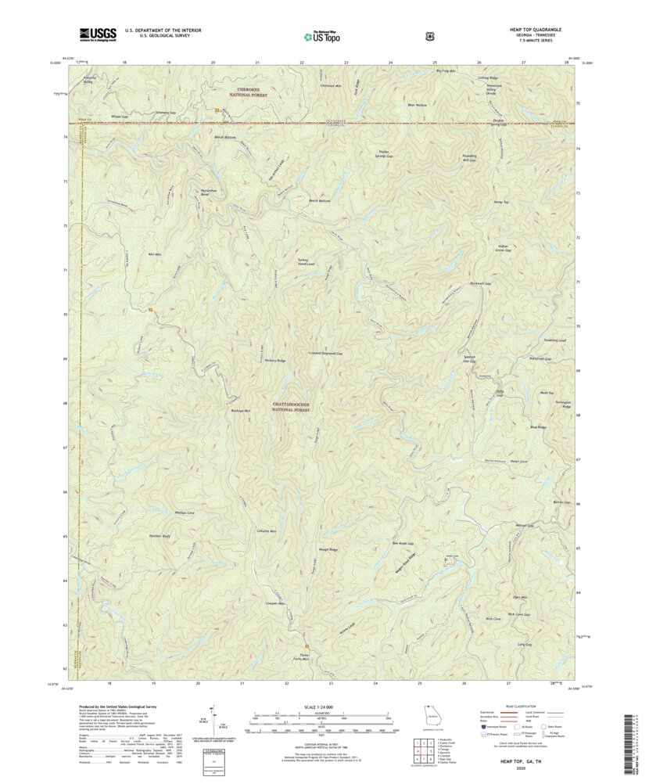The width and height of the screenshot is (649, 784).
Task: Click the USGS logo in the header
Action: pyautogui.click(x=97, y=34)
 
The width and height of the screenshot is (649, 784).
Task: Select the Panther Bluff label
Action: pyautogui.click(x=160, y=536)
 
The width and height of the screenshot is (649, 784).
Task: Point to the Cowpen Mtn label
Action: pyautogui.click(x=274, y=604)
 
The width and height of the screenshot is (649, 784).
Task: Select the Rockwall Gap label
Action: pyautogui.click(x=479, y=283)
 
